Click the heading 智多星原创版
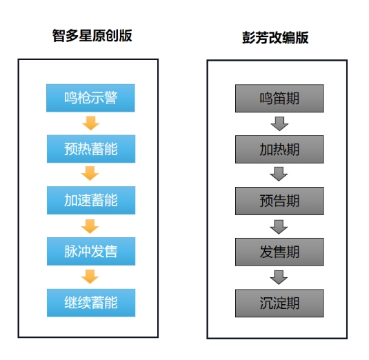tap(92, 36)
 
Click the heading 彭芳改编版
tap(275, 38)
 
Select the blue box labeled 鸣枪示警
tap(90, 98)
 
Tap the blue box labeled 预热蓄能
tap(91, 149)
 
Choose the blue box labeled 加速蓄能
tap(91, 200)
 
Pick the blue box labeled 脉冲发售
tap(91, 251)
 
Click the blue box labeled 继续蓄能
tap(91, 303)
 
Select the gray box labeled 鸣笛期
tap(279, 99)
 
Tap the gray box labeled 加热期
tap(279, 150)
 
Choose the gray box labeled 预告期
tap(279, 201)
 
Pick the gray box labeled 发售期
tap(279, 252)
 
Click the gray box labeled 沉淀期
tap(279, 303)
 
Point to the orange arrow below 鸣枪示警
tap(90, 123)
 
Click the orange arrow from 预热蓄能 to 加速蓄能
tap(90, 173)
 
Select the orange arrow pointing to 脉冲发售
tap(90, 226)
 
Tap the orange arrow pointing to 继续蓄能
tap(90, 277)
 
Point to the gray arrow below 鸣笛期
tap(279, 123)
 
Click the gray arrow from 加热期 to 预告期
tap(279, 174)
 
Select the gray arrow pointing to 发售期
tap(279, 227)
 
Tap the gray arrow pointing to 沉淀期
tap(279, 277)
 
